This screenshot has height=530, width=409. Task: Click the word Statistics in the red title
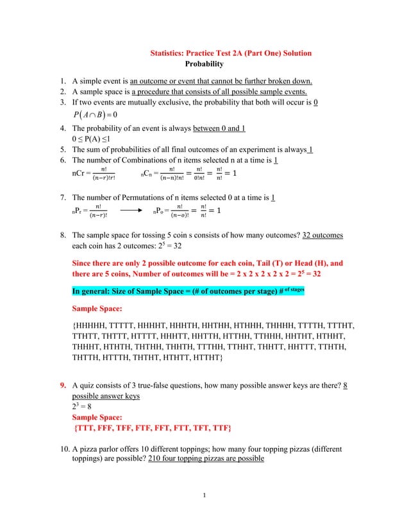167,53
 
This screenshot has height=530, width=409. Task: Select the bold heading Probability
204,64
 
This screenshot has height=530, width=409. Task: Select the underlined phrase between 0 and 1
219,128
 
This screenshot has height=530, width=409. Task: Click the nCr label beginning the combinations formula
79,173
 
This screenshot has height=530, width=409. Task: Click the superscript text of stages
290,289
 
